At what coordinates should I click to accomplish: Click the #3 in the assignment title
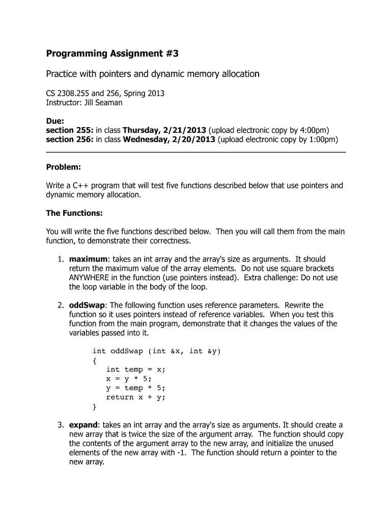[173, 53]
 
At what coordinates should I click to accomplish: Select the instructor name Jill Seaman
[103, 103]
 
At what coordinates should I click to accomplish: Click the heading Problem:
[64, 167]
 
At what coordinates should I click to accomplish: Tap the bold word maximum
[89, 259]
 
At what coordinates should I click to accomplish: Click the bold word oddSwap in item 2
[88, 305]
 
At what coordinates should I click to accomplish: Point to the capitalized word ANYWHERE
[91, 278]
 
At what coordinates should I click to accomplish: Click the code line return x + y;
[135, 397]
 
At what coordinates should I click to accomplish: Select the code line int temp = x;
[132, 369]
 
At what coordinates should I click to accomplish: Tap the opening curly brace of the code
[95, 360]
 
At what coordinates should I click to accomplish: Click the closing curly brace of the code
[95, 407]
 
